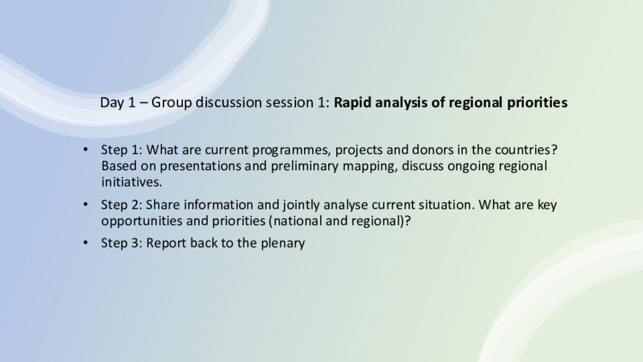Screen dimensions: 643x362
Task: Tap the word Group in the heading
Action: click(172, 103)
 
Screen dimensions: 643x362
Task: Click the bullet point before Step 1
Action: click(85, 150)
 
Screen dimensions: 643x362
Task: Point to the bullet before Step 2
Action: click(85, 204)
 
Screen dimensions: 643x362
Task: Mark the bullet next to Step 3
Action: click(85, 243)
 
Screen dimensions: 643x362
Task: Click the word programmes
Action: click(291, 151)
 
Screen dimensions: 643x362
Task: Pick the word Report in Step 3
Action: click(166, 243)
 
